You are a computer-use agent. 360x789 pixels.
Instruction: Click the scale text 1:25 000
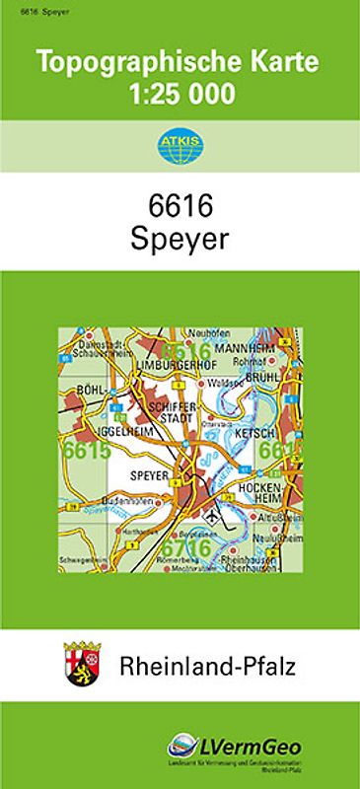(180, 95)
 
